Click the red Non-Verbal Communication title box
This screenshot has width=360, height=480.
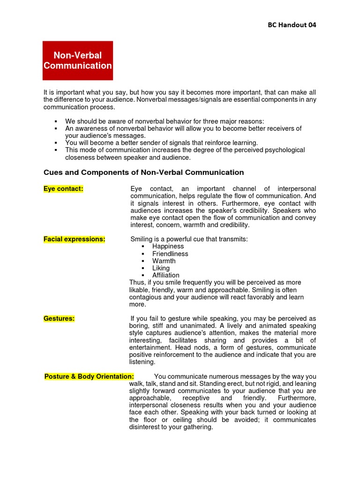point(78,60)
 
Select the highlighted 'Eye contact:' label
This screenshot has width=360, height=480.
point(63,188)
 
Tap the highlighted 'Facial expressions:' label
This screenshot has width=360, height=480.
point(74,239)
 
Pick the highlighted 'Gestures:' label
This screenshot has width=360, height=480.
point(59,318)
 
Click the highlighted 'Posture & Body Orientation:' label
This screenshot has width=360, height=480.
point(89,376)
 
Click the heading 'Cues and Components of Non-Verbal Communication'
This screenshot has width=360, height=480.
point(143,172)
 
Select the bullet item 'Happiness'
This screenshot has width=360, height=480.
point(168,247)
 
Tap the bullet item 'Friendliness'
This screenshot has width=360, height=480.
point(170,254)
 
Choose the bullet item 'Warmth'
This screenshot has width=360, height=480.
point(164,261)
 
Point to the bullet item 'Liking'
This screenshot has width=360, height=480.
point(161,268)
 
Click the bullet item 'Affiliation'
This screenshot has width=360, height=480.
point(165,275)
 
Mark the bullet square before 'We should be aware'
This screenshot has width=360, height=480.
point(55,121)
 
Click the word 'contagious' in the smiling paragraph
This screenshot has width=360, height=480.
point(145,297)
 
